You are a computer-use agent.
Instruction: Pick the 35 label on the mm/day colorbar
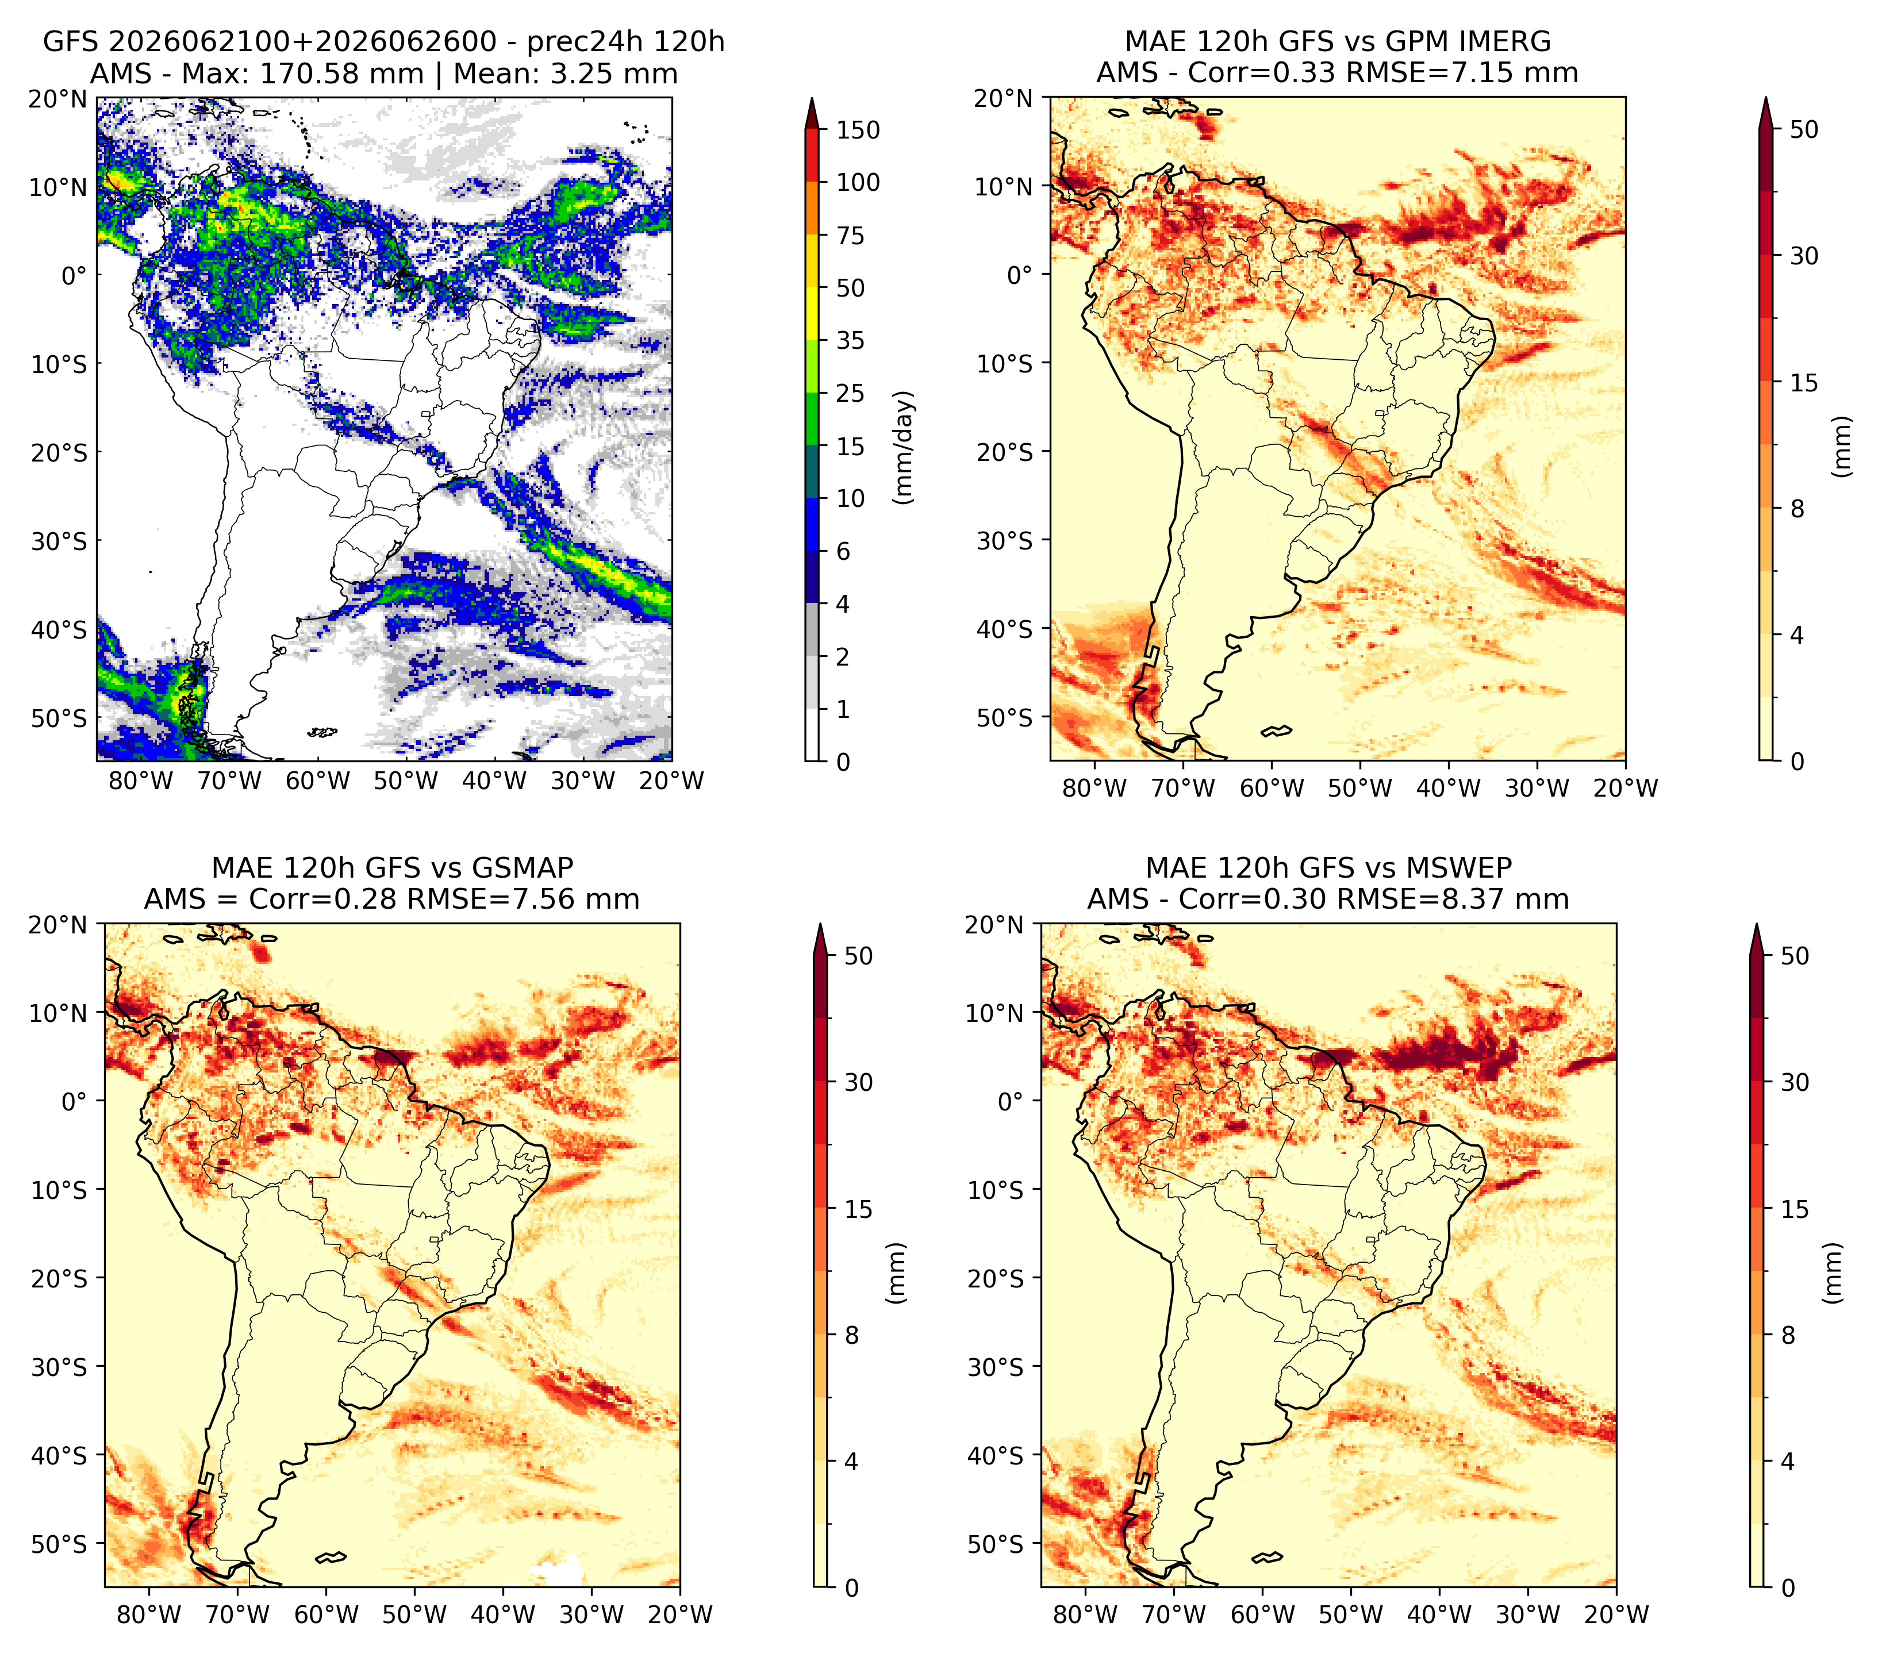851,340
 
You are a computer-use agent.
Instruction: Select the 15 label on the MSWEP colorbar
1795,1209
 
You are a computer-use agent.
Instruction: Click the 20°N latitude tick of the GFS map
57,98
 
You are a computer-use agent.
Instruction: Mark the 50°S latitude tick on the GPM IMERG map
1005,717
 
